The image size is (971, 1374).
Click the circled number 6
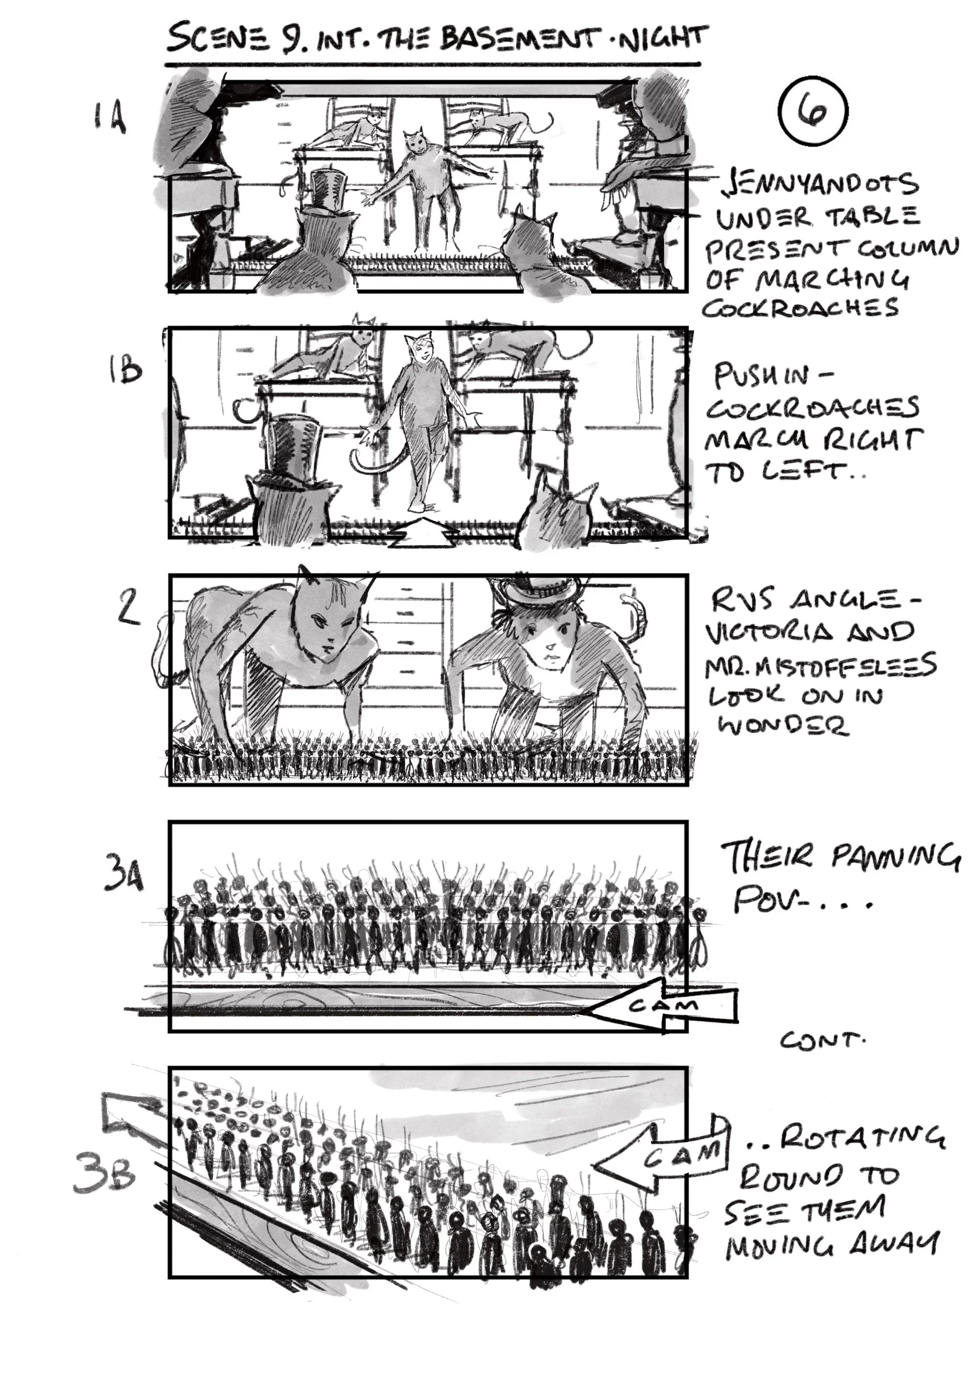click(x=814, y=111)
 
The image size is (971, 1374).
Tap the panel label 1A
click(x=110, y=118)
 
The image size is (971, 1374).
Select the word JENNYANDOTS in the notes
click(x=820, y=184)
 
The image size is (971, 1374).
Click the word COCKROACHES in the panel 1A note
click(x=800, y=308)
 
